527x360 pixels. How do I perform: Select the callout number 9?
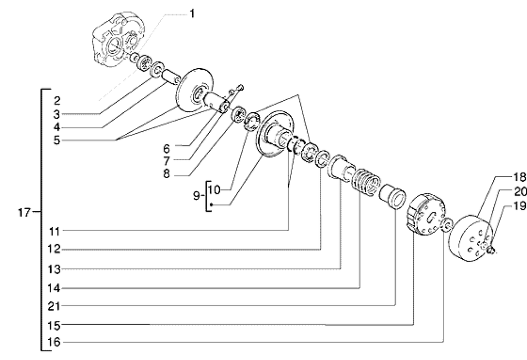point(197,196)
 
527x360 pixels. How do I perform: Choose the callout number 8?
point(167,173)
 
